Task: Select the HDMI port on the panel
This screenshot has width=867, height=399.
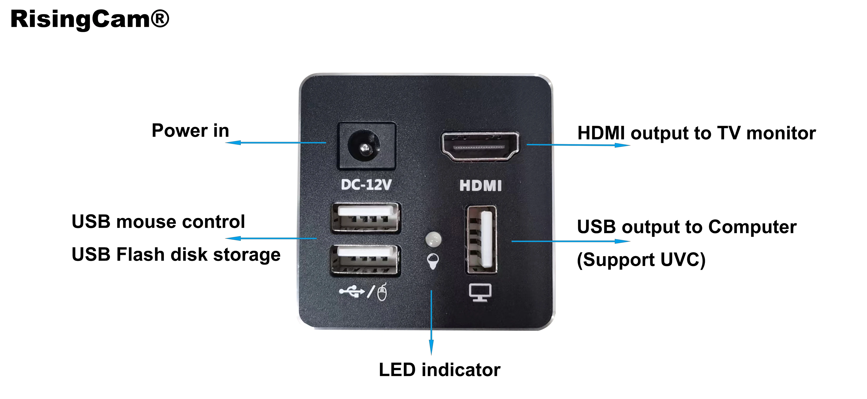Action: [x=480, y=147]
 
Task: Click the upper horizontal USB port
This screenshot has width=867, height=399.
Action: [x=365, y=218]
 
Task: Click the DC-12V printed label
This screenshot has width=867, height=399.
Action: [x=366, y=185]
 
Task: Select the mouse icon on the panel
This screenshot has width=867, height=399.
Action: [x=382, y=292]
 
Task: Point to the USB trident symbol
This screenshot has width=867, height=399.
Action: [x=352, y=291]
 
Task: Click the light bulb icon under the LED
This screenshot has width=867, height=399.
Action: [x=433, y=261]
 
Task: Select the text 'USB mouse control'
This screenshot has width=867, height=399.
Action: [x=158, y=222]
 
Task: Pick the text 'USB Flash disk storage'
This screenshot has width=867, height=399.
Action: [x=176, y=254]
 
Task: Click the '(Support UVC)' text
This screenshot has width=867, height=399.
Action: [x=641, y=260]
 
